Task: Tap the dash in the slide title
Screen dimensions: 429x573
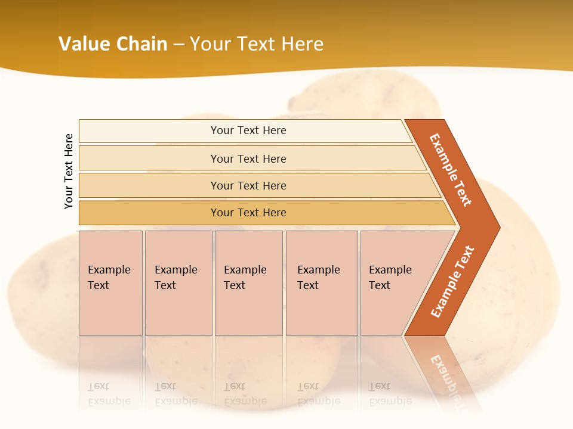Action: pos(178,45)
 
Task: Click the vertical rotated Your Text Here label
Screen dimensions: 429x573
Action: pos(69,171)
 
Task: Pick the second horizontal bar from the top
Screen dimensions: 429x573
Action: pos(248,158)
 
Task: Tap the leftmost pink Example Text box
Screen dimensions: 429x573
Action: pos(110,283)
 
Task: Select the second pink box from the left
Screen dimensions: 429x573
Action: pos(178,283)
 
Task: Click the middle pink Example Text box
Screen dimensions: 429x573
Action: pos(248,283)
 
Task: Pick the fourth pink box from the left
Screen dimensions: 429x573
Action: pos(322,283)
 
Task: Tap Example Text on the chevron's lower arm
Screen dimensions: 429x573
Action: pos(452,281)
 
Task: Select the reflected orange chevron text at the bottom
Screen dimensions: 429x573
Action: pos(446,375)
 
